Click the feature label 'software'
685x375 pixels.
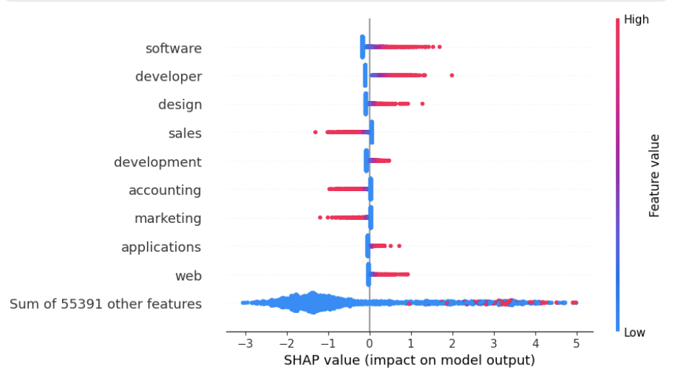173,48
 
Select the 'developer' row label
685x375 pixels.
168,76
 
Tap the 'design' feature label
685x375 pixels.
180,105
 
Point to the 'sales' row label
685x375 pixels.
185,133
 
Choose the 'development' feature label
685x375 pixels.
157,162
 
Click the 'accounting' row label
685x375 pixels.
164,190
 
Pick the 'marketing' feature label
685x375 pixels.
167,218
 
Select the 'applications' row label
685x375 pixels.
161,247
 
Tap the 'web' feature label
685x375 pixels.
188,275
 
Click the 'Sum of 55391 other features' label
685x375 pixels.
105,304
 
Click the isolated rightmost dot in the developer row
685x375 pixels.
452,75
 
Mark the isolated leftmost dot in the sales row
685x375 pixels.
315,132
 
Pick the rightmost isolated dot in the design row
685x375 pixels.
423,104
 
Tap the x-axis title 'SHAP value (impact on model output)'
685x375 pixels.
410,360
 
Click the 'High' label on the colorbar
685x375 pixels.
636,19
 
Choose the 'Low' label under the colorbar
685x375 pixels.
635,332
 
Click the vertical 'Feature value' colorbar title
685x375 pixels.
654,175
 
